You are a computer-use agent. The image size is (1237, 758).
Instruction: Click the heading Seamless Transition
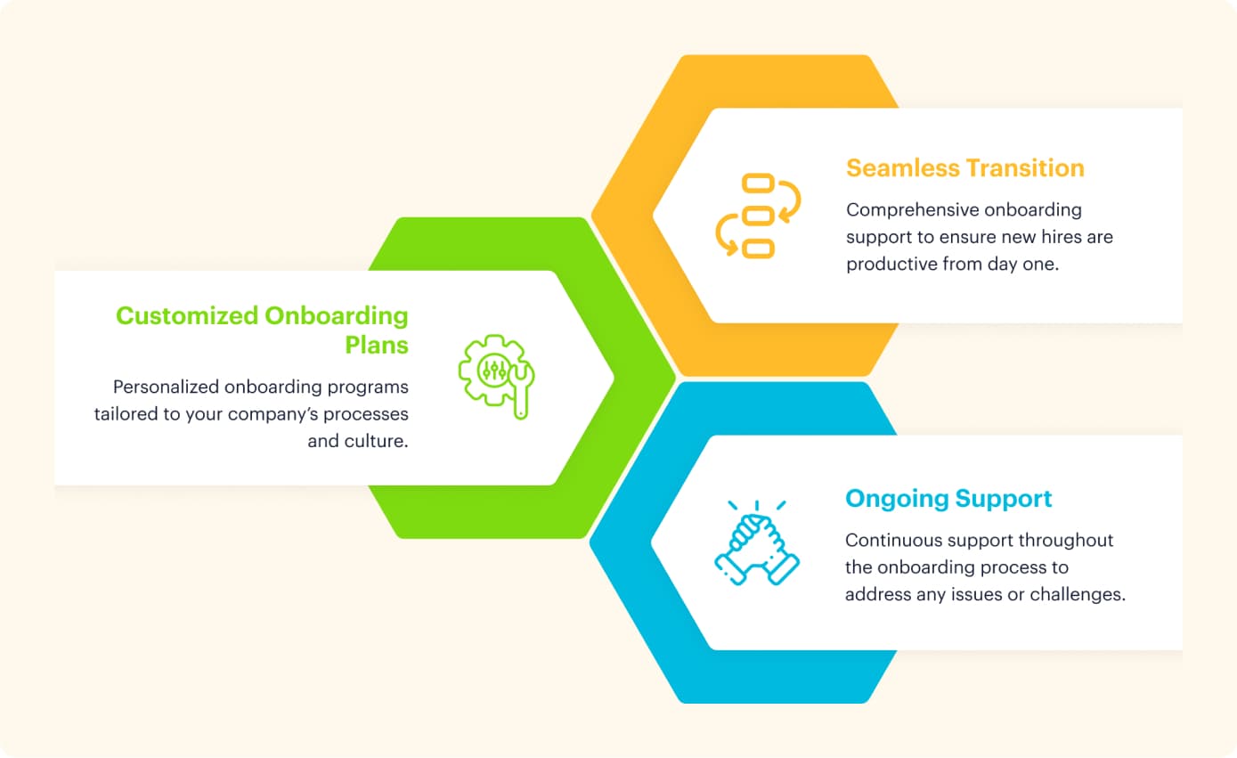(964, 168)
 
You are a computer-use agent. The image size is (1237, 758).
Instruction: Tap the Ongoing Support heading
(948, 498)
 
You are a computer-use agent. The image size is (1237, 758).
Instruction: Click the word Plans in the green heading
(377, 345)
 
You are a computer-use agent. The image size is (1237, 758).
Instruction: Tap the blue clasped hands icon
(757, 544)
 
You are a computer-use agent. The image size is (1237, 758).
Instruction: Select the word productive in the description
(893, 265)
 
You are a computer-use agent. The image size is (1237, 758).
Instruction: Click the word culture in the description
(376, 441)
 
